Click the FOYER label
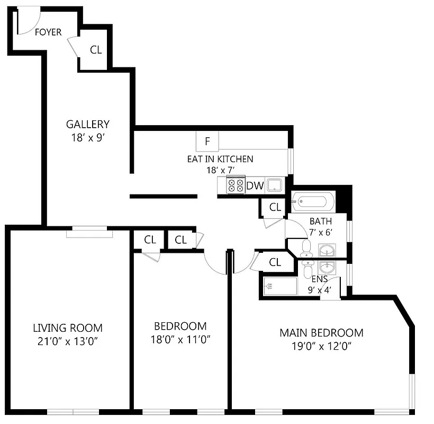[48, 32]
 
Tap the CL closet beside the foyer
[96, 50]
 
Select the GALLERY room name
[88, 125]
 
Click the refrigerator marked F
[207, 142]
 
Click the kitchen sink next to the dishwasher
[274, 185]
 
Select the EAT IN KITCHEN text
[220, 159]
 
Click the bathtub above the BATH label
[313, 202]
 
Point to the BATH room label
[321, 221]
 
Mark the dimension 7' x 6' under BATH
[321, 232]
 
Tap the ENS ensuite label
[319, 279]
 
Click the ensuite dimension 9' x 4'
[319, 290]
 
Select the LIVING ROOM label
[68, 328]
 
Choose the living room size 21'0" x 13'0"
[68, 340]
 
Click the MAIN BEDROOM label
[321, 333]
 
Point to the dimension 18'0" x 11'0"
[180, 339]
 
